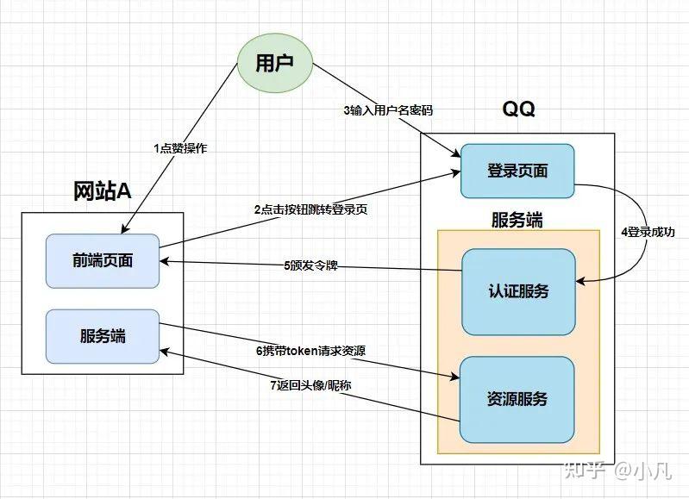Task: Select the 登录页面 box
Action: pos(517,171)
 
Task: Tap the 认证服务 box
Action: pos(517,291)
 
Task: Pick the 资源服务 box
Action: pos(517,399)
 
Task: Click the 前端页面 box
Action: pos(103,260)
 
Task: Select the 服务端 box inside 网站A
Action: pos(103,334)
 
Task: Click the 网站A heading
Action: pos(102,191)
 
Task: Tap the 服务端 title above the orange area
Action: pos(517,219)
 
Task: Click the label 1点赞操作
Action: pos(179,148)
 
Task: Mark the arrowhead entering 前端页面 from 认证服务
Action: pos(165,261)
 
